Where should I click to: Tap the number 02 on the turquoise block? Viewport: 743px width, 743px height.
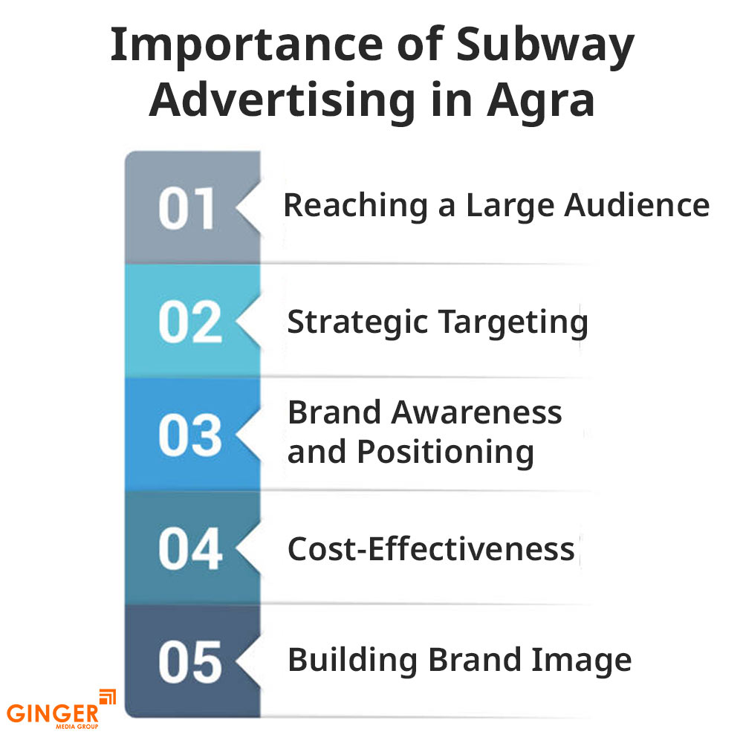click(x=189, y=322)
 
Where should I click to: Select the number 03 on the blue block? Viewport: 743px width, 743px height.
click(x=189, y=435)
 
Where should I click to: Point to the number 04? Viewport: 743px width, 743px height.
click(x=189, y=550)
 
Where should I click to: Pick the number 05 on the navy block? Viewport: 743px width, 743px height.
click(x=189, y=662)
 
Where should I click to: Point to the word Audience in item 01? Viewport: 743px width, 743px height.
click(x=637, y=205)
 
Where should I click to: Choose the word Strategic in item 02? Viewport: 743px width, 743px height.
click(x=357, y=323)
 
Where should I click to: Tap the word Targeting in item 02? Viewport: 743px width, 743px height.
click(x=513, y=323)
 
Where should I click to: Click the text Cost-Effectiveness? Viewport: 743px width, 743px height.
click(x=431, y=550)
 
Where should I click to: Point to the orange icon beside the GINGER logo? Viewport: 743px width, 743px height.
click(x=108, y=697)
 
